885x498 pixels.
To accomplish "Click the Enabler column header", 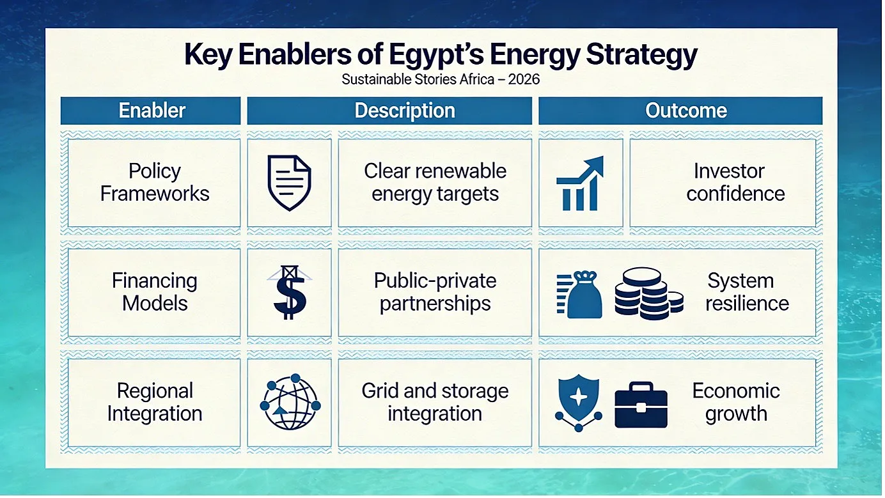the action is pyautogui.click(x=150, y=111).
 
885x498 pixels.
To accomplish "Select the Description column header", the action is pyautogui.click(x=389, y=111).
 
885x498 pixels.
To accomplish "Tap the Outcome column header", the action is pyautogui.click(x=680, y=111).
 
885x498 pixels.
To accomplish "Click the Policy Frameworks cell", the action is pyautogui.click(x=154, y=182).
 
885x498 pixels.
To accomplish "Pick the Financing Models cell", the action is pyautogui.click(x=154, y=292).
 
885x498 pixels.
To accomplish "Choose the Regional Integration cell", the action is pyautogui.click(x=154, y=402).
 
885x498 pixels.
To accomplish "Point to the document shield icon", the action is pyautogui.click(x=289, y=183).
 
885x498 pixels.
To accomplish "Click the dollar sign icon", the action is pyautogui.click(x=290, y=292).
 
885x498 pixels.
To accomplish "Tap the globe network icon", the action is pyautogui.click(x=290, y=401).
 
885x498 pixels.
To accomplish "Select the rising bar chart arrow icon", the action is pyautogui.click(x=580, y=183).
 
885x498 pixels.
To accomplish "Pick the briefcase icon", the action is pyautogui.click(x=641, y=405).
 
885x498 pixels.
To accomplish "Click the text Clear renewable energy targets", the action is pyautogui.click(x=435, y=182).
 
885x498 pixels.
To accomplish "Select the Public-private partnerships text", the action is pyautogui.click(x=435, y=292).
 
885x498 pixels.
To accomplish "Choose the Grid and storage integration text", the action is pyautogui.click(x=435, y=402).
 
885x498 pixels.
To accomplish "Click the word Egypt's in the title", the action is pyautogui.click(x=436, y=56).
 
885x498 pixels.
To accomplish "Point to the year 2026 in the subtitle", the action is pyautogui.click(x=524, y=79).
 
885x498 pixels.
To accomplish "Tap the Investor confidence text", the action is pyautogui.click(x=735, y=182).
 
